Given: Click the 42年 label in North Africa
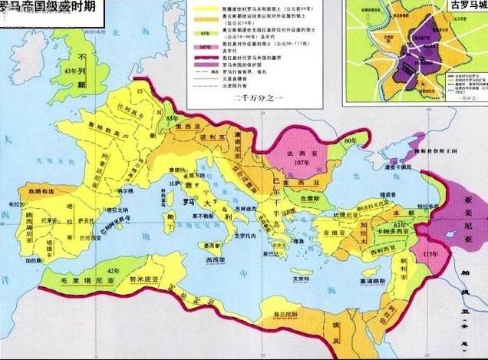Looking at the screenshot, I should pyautogui.click(x=115, y=270).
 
